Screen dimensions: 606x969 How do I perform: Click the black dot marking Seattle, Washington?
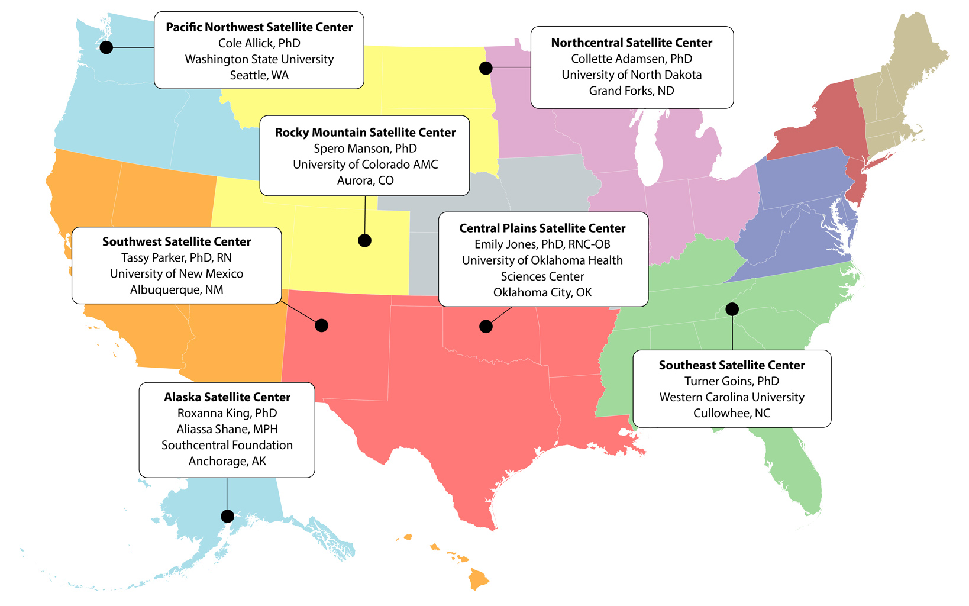pos(106,47)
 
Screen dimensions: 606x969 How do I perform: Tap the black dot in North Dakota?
pos(486,68)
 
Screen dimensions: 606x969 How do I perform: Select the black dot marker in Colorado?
pos(364,240)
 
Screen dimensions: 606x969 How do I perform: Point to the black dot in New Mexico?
pos(321,325)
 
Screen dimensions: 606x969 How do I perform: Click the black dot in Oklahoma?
pos(486,326)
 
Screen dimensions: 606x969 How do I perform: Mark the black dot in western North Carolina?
pos(732,309)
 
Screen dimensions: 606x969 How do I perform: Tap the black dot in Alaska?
pos(227,516)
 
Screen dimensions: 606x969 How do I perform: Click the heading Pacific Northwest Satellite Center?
pos(259,27)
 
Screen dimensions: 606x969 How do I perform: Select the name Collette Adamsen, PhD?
pos(631,59)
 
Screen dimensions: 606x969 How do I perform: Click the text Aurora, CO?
pos(365,180)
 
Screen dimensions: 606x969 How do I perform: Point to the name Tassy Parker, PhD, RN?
pos(176,257)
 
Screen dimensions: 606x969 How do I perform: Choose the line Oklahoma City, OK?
pos(542,292)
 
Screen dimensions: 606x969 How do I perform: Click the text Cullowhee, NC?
pos(731,413)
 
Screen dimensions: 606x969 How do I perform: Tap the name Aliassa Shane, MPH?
pos(227,429)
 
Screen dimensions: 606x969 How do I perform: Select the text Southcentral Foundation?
pos(227,445)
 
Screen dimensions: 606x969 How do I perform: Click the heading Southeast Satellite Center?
pos(731,365)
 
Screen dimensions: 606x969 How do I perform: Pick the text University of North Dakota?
pos(631,75)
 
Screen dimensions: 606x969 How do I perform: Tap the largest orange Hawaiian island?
pos(478,579)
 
